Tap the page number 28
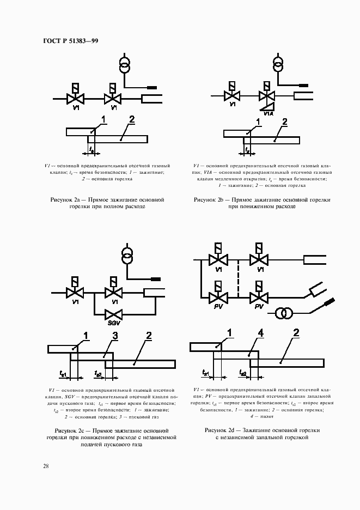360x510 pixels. tap(46, 466)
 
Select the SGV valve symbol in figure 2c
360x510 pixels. tap(114, 314)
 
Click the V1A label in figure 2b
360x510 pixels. tap(269, 113)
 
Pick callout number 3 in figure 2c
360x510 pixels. tap(115, 336)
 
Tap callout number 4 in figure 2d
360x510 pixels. tap(261, 332)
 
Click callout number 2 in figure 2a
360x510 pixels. tap(132, 119)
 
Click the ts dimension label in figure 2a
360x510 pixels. tap(91, 148)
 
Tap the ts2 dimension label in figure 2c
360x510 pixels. tap(98, 373)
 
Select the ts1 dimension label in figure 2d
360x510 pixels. tap(205, 373)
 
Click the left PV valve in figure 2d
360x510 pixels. tap(218, 297)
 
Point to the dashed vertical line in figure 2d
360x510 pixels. tap(239, 278)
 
